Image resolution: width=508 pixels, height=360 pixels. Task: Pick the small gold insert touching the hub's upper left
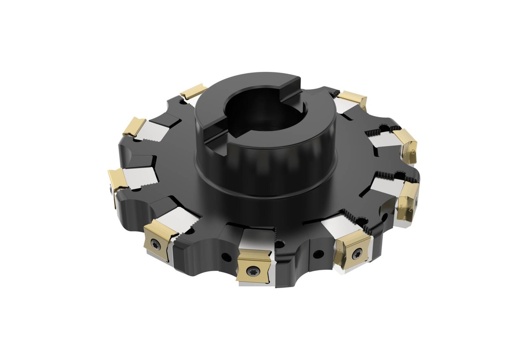pyautogui.click(x=193, y=91)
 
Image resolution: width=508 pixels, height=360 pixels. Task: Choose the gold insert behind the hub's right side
pyautogui.click(x=352, y=99)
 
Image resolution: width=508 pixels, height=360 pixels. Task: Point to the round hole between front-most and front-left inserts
pyautogui.click(x=226, y=257)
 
